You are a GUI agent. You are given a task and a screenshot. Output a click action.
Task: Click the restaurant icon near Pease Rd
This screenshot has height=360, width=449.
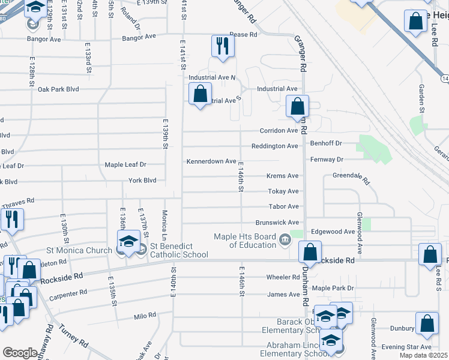point(222,46)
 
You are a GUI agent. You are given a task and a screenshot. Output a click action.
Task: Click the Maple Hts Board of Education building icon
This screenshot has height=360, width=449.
point(285,242)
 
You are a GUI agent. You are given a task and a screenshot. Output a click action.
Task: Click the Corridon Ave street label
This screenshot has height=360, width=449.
point(279,130)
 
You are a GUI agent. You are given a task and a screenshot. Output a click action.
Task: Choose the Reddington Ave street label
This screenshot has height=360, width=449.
point(274,146)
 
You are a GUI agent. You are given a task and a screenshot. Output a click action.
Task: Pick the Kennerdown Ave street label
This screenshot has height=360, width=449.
point(211,161)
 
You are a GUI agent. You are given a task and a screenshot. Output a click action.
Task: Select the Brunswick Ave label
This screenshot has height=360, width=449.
point(277,222)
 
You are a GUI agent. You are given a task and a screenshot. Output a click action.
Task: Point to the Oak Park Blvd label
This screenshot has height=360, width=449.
point(58,89)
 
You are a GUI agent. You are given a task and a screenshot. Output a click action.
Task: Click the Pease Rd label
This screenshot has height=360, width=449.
point(243,35)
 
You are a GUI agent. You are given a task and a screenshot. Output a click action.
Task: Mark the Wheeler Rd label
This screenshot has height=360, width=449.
point(283,277)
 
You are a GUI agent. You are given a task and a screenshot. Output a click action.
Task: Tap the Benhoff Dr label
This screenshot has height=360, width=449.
point(326,143)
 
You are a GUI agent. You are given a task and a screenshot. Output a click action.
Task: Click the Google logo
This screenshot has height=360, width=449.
point(20,352)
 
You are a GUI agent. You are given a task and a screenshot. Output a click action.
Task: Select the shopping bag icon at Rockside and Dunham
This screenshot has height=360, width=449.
point(310,251)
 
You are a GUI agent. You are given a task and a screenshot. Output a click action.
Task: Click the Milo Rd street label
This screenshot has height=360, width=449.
point(145,315)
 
